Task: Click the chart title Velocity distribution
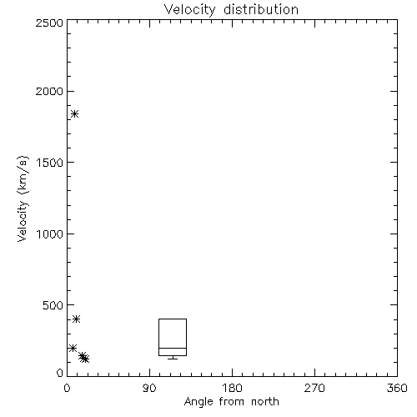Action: [231, 9]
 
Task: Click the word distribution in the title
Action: [261, 9]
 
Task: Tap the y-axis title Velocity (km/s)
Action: [23, 198]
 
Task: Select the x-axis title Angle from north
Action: [232, 402]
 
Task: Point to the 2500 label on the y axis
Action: [49, 23]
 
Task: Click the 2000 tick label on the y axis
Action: [49, 91]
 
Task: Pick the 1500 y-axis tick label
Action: [50, 163]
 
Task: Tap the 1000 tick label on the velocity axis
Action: [50, 234]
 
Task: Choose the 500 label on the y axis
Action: [53, 305]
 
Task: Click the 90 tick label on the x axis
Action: [149, 388]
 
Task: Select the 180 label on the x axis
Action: [232, 388]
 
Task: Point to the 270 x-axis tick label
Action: [314, 388]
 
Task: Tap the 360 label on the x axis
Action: [397, 388]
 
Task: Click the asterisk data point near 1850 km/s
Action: [74, 113]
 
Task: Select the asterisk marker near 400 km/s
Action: [77, 319]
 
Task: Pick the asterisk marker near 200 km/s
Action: [73, 348]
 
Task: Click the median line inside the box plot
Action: [173, 348]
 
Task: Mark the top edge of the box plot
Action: [173, 319]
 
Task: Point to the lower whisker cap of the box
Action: [173, 359]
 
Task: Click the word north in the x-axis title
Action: [265, 402]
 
